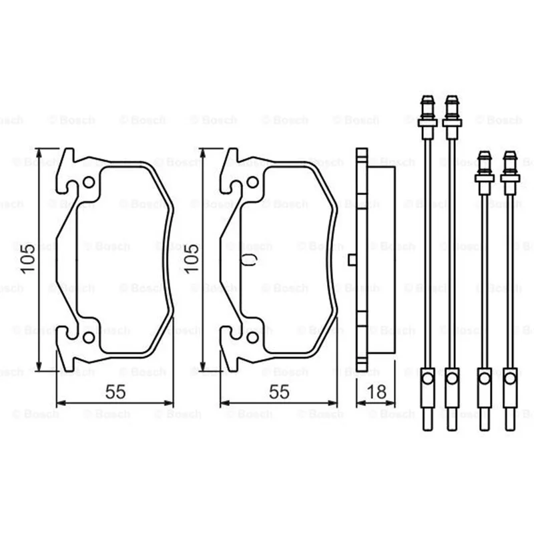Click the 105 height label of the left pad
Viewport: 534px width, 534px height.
(27, 258)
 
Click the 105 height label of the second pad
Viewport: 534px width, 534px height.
(192, 258)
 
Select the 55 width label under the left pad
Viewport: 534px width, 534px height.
(115, 392)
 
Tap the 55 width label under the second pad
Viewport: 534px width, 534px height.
(279, 392)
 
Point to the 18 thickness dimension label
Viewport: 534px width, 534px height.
(376, 392)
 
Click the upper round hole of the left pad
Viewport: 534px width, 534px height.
(89, 182)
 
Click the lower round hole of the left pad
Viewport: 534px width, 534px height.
(89, 337)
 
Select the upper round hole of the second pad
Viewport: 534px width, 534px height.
(252, 182)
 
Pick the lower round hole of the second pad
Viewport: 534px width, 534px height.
(252, 337)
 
